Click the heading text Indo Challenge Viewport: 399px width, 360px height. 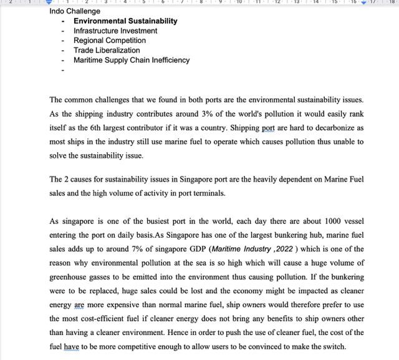pos(75,11)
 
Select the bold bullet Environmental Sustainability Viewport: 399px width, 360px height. pos(125,21)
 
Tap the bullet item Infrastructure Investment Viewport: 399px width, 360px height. pos(115,31)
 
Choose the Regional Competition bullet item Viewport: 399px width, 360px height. pos(110,41)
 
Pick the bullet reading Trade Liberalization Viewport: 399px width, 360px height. pos(107,51)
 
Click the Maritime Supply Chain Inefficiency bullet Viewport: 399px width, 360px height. pos(132,61)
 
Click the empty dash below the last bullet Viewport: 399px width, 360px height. pos(64,71)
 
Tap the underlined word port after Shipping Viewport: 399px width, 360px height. pos(269,128)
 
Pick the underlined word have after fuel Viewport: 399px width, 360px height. pos(72,348)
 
